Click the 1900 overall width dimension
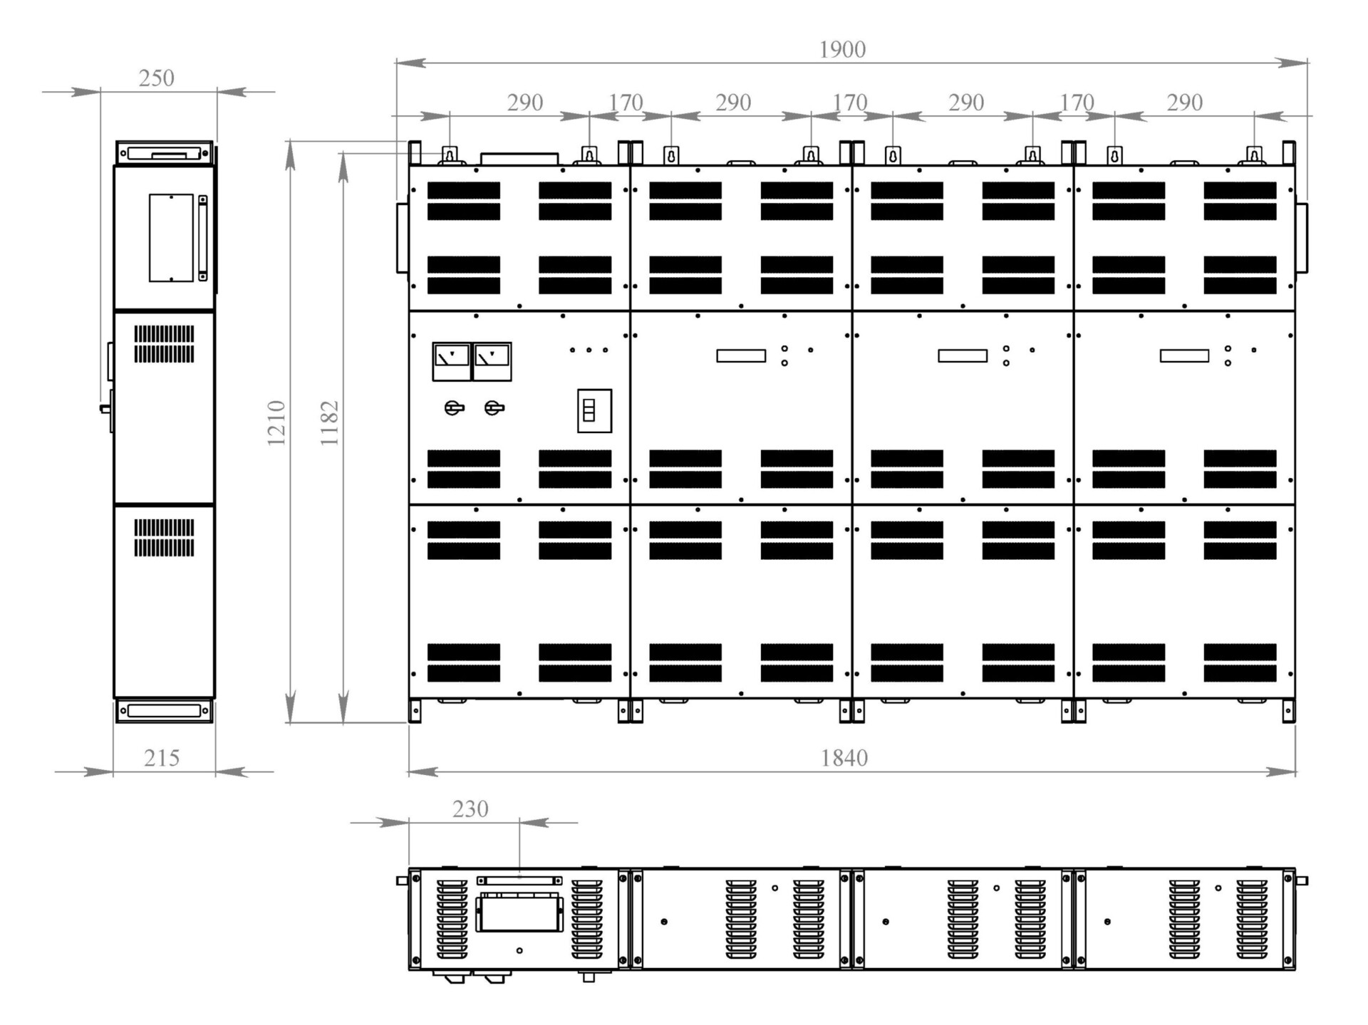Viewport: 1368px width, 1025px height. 842,50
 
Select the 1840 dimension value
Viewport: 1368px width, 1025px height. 844,758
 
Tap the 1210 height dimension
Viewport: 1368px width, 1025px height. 276,423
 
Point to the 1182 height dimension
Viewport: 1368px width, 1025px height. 329,423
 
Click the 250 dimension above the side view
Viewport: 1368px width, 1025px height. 157,78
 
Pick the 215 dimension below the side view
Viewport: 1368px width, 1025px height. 162,758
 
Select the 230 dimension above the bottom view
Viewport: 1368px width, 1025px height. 470,809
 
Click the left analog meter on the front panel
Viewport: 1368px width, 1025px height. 452,361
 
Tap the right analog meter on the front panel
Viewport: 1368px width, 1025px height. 492,361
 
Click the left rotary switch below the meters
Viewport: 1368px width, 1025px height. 453,408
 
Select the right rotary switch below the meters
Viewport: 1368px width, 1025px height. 494,408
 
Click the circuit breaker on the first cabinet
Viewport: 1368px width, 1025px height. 594,411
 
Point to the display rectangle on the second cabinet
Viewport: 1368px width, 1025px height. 741,355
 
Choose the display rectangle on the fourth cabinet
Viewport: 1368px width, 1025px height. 1184,355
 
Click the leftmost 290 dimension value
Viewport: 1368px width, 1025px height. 525,103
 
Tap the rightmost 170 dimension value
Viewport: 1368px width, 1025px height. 1076,103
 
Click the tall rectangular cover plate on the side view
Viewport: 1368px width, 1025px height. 171,238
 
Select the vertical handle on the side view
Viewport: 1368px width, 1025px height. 203,238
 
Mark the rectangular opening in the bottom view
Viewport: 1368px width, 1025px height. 519,912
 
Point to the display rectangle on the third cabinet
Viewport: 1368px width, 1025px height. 963,355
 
